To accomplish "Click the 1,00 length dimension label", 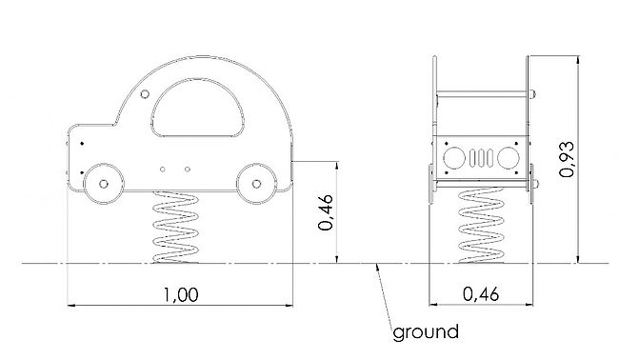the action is pos(181,295).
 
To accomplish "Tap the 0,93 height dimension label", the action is pos(568,159).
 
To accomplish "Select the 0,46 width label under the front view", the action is pos(481,294).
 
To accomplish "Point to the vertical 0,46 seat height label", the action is pos(326,212).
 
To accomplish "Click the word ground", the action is pos(426,332).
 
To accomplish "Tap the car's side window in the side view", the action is pos(198,108).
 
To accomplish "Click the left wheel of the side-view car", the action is pos(104,184).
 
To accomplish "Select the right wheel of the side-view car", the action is pos(256,184).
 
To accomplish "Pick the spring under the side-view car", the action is pos(175,228).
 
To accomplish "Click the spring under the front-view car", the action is pos(482,226).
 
